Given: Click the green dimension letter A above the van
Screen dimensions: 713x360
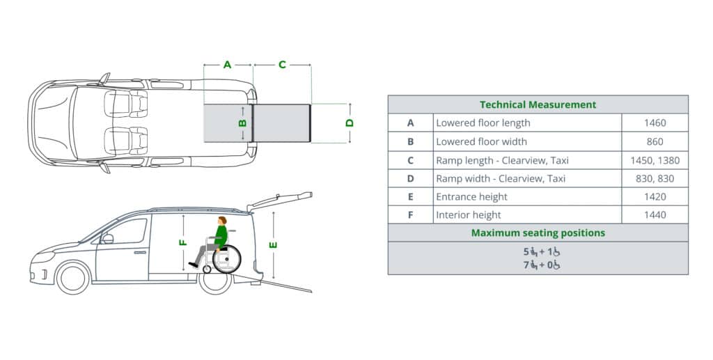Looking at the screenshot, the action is [228, 65].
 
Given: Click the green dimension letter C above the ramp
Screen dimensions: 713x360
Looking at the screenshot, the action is [282, 65].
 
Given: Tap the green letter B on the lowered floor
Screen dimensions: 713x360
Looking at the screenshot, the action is [242, 123].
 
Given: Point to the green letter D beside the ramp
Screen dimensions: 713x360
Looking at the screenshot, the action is [350, 123].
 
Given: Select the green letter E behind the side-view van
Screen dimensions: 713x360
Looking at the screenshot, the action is [273, 245].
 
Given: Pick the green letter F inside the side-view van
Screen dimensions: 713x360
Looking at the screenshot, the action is [183, 242].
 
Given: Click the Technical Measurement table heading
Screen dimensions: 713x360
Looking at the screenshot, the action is [538, 104].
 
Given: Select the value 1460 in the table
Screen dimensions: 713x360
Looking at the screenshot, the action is [655, 123].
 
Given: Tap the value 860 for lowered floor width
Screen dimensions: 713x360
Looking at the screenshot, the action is [655, 141].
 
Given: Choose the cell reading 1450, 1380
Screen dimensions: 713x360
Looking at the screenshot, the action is [655, 160].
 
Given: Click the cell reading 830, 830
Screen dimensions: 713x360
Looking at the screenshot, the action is [655, 179].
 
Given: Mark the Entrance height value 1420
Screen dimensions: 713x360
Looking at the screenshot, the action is [655, 197].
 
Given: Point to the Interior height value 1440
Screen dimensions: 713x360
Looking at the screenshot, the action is [655, 215].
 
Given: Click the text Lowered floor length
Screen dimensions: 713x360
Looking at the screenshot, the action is [483, 123].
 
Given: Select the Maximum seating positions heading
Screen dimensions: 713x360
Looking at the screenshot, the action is [538, 233].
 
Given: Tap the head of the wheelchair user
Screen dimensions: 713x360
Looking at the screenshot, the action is [222, 221].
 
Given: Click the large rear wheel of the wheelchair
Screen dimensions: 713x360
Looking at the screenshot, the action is [226, 258].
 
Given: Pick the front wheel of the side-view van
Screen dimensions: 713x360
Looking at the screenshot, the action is [72, 278].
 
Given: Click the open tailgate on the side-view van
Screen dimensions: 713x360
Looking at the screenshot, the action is [280, 201].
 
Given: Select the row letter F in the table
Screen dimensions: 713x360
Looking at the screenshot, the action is [410, 215].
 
